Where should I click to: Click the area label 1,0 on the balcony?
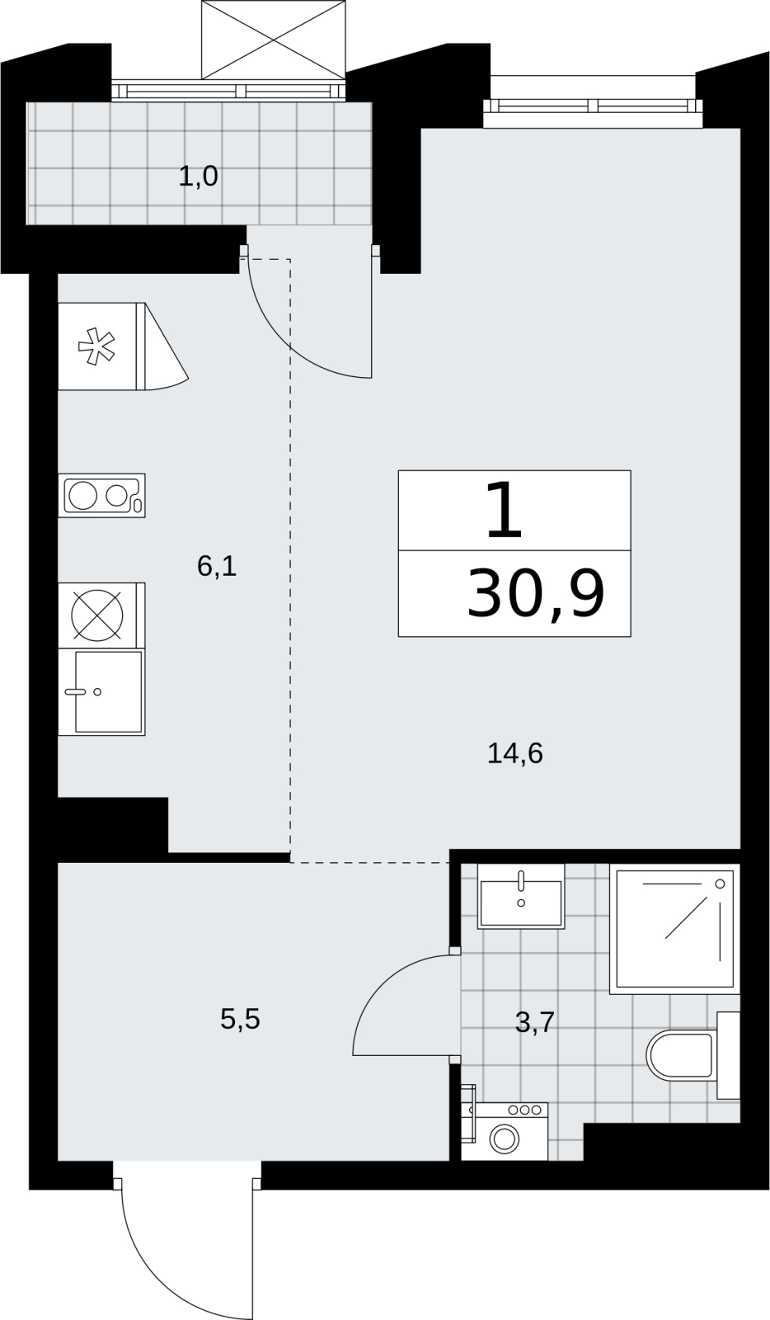coord(199,177)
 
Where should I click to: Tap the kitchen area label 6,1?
coord(217,566)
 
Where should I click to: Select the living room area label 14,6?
coord(515,753)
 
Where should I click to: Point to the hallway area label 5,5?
coord(240,1019)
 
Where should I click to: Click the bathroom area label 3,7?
coord(535,1022)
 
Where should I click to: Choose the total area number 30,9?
coord(536,594)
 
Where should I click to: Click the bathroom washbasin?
coord(521,896)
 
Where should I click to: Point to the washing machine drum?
coord(504,1138)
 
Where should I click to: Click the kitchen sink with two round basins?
coord(102,496)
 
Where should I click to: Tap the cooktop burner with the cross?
coord(97,615)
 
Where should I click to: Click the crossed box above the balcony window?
coord(272,40)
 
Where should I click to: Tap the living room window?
coord(594,106)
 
